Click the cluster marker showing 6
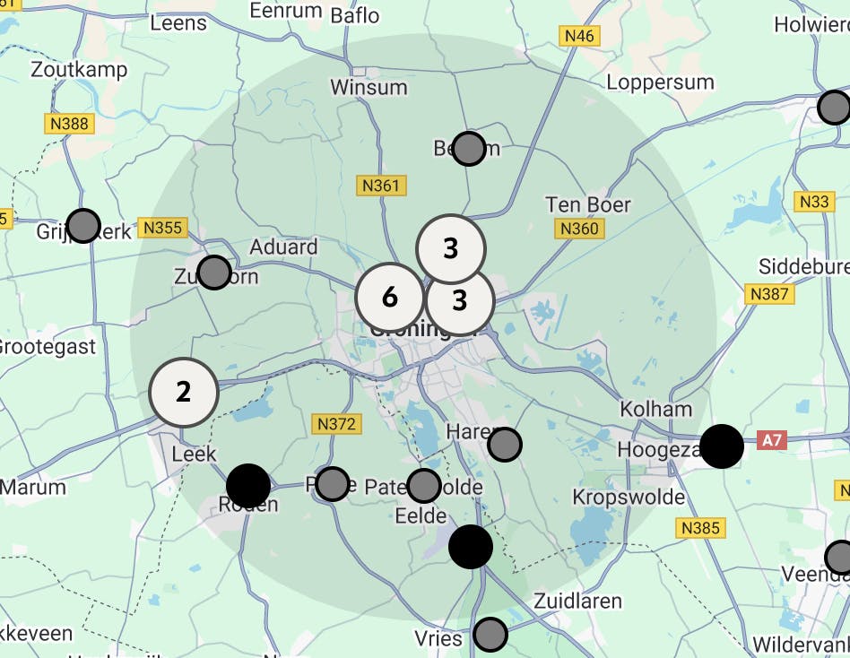(390, 297)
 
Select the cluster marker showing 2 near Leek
(184, 392)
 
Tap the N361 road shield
(382, 186)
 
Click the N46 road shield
(579, 36)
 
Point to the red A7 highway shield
(771, 440)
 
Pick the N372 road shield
(335, 423)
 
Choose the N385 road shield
(700, 528)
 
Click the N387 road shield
(768, 293)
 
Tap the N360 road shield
(578, 229)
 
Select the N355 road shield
(162, 228)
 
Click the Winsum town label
(369, 88)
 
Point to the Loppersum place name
(660, 82)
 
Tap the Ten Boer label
(588, 205)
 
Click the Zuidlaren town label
(577, 601)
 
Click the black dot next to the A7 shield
(721, 446)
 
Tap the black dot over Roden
(248, 485)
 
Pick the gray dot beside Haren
(506, 444)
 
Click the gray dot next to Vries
(490, 635)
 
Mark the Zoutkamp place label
(79, 69)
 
